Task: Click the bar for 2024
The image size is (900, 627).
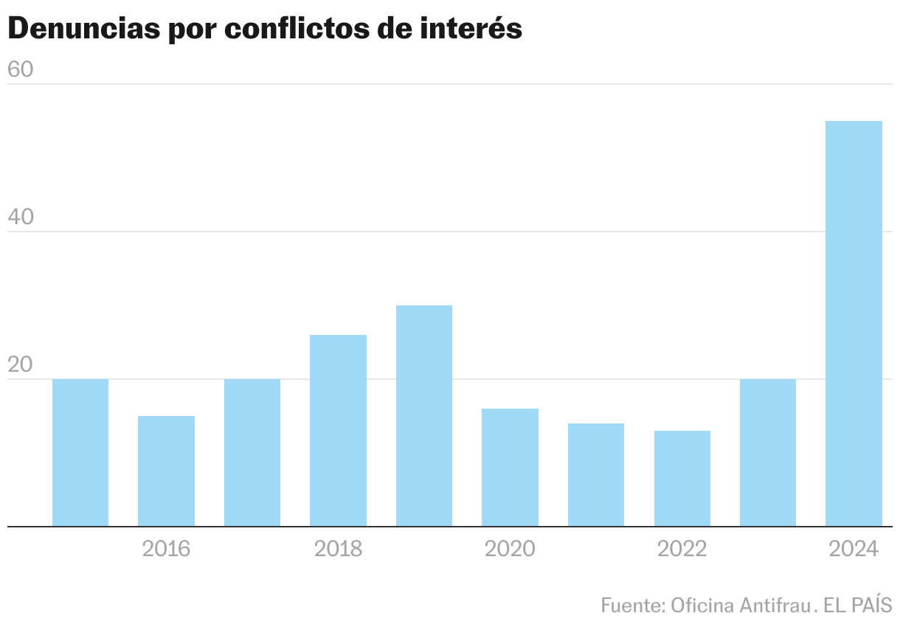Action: pos(854,324)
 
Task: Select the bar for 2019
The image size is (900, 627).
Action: pos(424,416)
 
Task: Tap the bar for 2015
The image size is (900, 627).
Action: pos(80,453)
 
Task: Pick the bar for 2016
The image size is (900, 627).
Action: pos(166,471)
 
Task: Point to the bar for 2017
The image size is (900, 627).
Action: pos(252,453)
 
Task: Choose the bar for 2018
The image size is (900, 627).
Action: pos(338,431)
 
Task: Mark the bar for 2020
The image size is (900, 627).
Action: pos(510,468)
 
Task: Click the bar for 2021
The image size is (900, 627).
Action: pos(596,475)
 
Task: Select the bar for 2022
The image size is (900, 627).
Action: pos(682,479)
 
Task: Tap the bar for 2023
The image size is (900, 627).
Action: pos(768,453)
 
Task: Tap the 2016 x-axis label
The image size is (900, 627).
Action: pos(166,549)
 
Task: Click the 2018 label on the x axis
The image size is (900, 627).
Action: pos(338,549)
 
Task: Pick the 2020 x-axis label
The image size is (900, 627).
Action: pos(510,549)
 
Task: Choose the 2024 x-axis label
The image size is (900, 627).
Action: pos(854,549)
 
